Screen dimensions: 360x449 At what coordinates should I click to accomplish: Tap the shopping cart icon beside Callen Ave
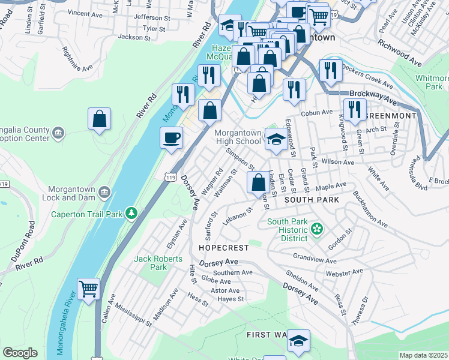tap(88, 289)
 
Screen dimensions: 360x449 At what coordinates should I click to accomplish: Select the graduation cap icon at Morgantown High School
tap(276, 140)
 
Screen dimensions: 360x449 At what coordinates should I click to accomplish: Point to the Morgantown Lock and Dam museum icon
tap(104, 192)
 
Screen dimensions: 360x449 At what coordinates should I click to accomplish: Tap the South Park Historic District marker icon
tap(318, 228)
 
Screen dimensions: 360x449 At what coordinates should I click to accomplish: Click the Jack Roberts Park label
tap(150, 263)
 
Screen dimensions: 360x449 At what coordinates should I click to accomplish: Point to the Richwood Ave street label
tap(399, 52)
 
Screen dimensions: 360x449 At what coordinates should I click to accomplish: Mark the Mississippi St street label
tap(134, 313)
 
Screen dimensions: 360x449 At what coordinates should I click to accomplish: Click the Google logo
tap(20, 353)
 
